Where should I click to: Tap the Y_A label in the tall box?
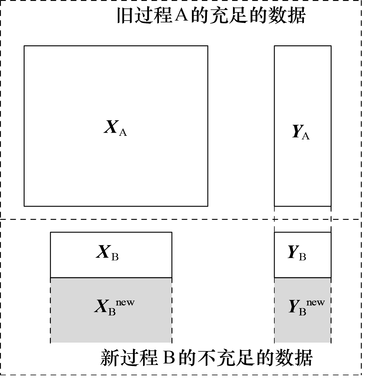tap(301, 132)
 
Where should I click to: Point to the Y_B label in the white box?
tap(297, 253)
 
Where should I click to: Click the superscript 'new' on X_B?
tap(125, 302)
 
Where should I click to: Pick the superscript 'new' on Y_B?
tap(315, 302)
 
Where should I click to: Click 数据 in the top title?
tap(286, 15)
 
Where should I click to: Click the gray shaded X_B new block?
tap(111, 324)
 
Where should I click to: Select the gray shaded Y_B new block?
tap(302, 325)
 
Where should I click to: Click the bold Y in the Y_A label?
tap(297, 131)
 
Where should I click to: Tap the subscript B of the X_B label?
tap(115, 257)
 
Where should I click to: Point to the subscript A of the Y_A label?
tap(306, 136)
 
